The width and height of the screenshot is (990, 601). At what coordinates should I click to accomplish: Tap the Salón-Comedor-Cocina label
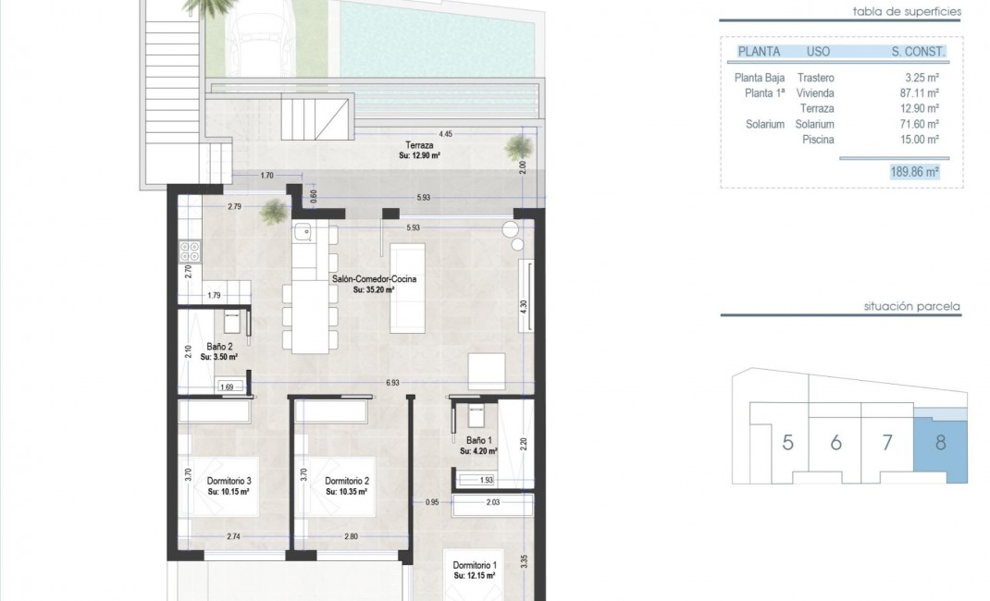click(x=374, y=278)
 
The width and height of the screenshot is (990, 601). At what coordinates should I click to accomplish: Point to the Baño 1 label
click(x=477, y=442)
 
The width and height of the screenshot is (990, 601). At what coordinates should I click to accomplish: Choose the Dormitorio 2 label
click(x=347, y=481)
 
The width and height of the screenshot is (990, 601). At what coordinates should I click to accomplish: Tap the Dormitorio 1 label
click(x=475, y=565)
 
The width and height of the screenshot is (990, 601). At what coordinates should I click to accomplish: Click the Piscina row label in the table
click(x=819, y=139)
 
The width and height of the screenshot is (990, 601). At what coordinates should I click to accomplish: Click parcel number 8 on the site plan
click(x=940, y=442)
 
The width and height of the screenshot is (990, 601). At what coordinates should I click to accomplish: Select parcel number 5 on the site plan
click(x=787, y=442)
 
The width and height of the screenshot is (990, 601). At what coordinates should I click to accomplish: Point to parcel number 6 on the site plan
click(x=835, y=442)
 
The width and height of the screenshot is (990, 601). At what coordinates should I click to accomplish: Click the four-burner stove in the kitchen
click(x=190, y=251)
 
